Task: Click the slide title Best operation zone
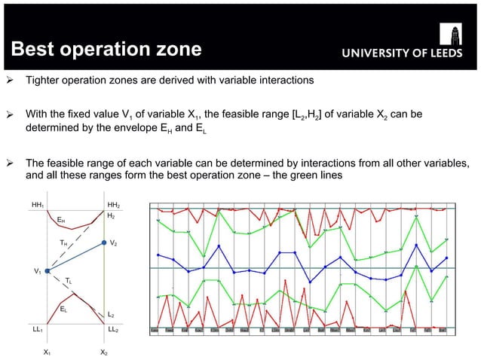click(x=105, y=50)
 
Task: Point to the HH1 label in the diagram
click(x=38, y=204)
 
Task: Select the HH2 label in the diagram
click(x=114, y=204)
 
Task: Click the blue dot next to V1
click(x=47, y=270)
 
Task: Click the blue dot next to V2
click(x=104, y=243)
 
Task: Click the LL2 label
click(x=114, y=330)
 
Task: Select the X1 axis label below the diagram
click(x=47, y=352)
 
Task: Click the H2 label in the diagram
click(x=111, y=215)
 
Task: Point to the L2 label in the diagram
click(x=111, y=315)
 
